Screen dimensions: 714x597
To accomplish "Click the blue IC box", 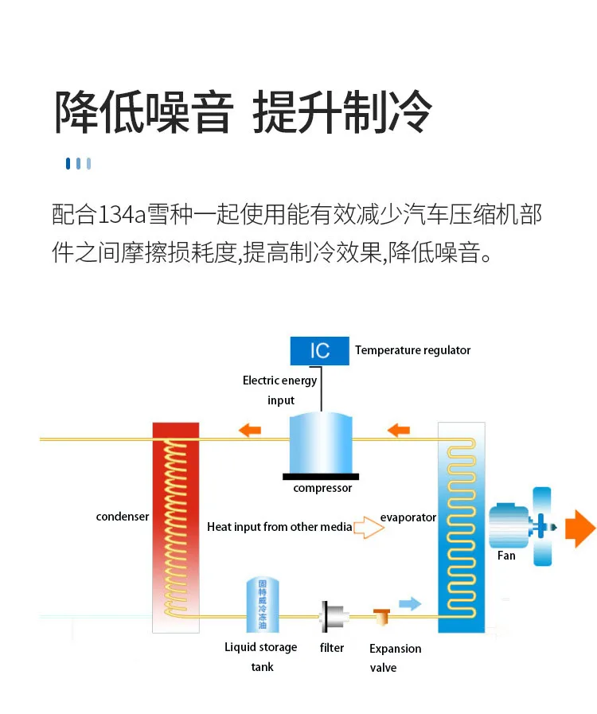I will [319, 350].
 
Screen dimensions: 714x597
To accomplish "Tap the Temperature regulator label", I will [412, 350].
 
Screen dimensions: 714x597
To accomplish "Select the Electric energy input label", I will [280, 390].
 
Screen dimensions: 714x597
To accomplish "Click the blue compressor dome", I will [320, 444].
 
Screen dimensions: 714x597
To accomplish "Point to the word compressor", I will [322, 488].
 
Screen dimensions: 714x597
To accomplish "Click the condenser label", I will [123, 517].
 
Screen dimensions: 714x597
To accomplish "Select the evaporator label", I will [408, 517].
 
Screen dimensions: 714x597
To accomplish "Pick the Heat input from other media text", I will [279, 527].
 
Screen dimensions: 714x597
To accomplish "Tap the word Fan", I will [506, 556].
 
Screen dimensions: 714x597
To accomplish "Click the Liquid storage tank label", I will [261, 657].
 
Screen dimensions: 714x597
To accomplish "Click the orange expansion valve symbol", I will [381, 616].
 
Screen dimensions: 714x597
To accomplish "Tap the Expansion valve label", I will [395, 658].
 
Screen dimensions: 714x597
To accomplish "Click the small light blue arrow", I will [409, 603].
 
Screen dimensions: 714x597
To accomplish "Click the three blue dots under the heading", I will [78, 164].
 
